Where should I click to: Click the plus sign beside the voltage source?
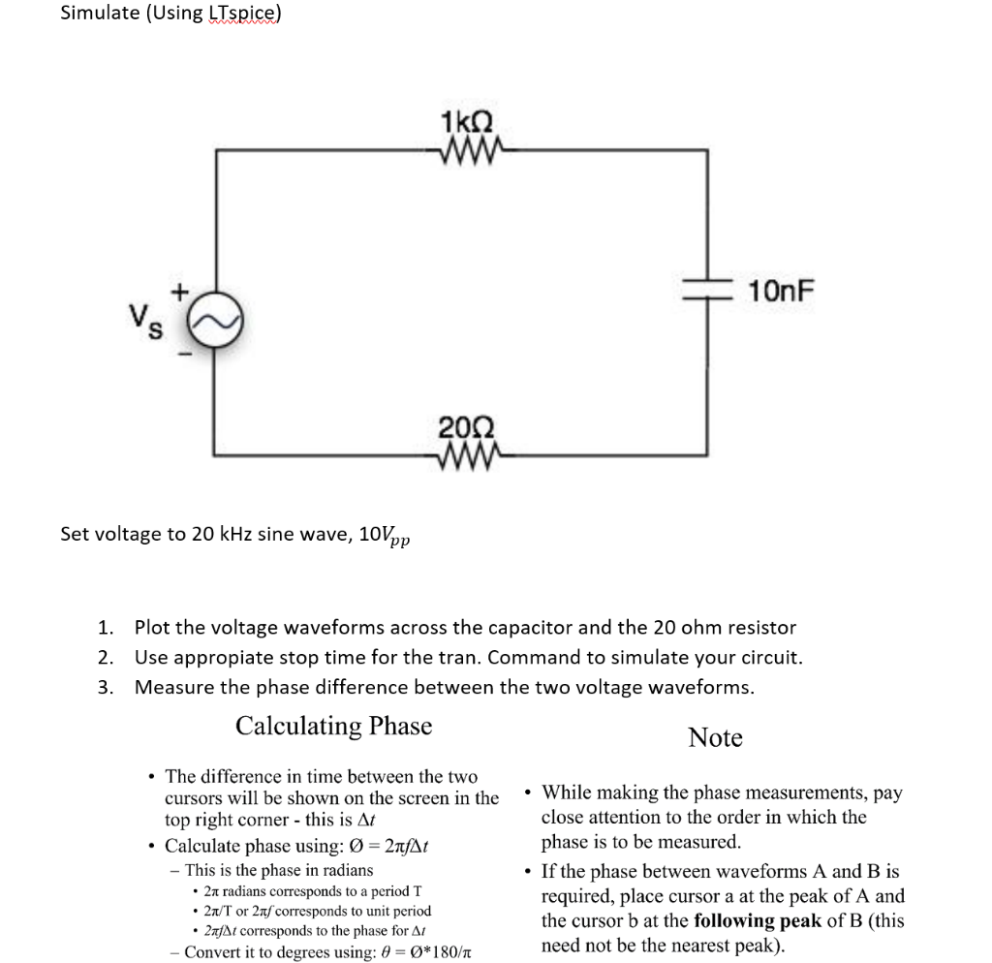[178, 289]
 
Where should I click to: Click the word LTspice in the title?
[244, 14]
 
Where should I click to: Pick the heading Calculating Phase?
[333, 726]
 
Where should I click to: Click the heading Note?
[715, 738]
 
